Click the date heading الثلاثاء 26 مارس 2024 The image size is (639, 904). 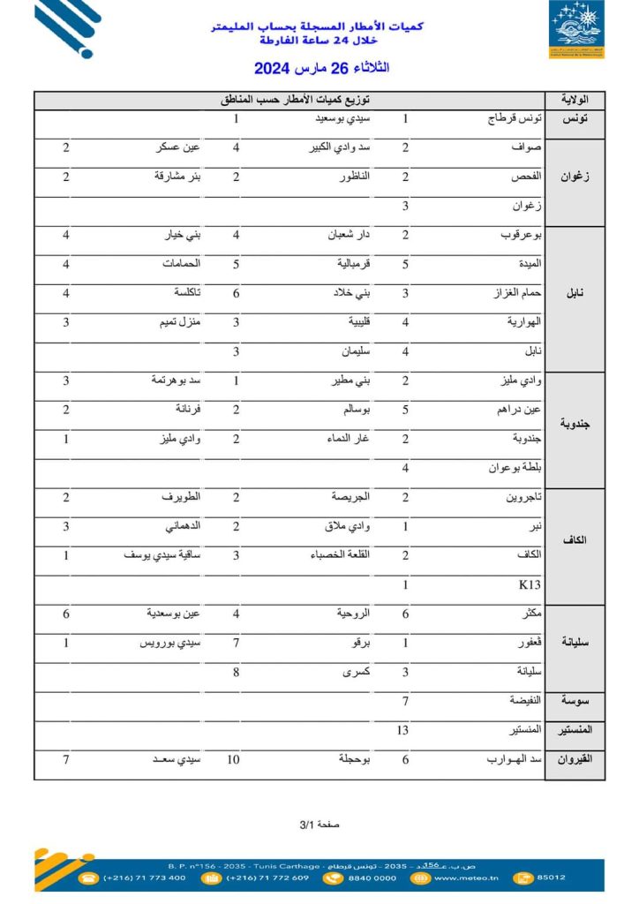[x=321, y=68]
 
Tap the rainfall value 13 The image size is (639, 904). [x=402, y=730]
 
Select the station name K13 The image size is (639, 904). [x=529, y=584]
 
